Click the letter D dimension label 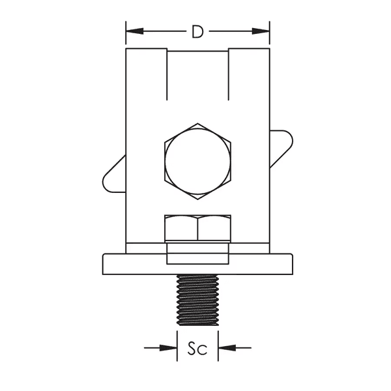coord(197,31)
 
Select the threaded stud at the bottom coord(197,300)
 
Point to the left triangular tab coord(114,175)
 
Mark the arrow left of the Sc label coord(170,347)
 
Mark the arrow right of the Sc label coord(225,347)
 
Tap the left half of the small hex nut coord(182,228)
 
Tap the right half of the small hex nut coord(214,228)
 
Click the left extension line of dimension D coord(126,36)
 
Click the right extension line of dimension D coord(270,36)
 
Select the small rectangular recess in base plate coord(197,254)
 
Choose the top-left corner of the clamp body coord(126,49)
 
